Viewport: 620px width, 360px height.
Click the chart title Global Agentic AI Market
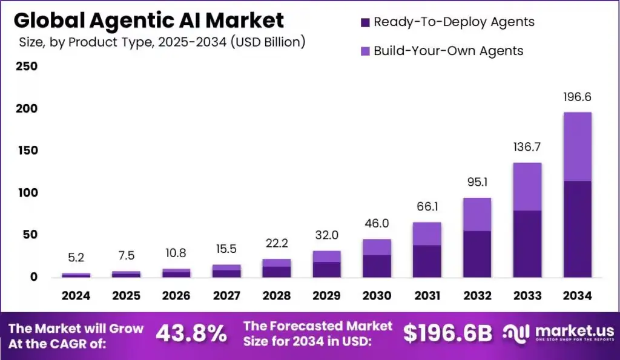[x=148, y=21]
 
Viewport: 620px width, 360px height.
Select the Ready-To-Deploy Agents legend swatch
[x=365, y=22]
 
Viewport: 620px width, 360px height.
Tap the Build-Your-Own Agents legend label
[x=448, y=51]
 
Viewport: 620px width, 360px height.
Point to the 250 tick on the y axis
[x=27, y=67]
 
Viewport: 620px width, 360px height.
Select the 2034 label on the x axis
[x=577, y=296]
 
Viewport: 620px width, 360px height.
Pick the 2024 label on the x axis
[x=76, y=296]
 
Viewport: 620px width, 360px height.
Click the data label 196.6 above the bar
[x=577, y=97]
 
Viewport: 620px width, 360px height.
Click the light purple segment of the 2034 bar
[x=577, y=146]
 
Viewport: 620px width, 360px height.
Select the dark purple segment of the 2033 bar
[x=527, y=244]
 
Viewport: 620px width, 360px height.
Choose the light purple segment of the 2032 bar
[x=477, y=214]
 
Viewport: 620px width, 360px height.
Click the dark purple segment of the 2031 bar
[x=426, y=261]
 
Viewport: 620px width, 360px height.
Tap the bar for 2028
[x=276, y=268]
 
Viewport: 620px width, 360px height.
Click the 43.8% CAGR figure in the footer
[x=191, y=333]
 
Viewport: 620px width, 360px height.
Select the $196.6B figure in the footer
[x=447, y=333]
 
